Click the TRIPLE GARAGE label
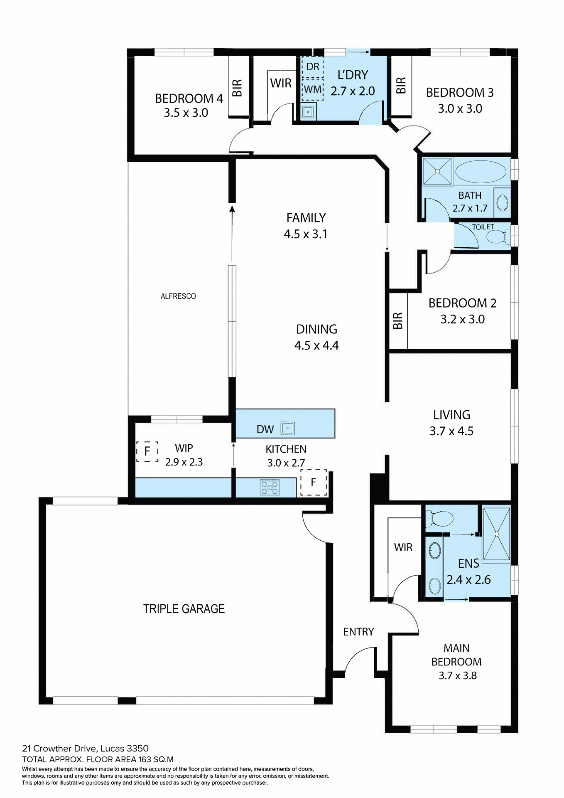pos(184,609)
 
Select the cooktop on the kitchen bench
pos(270,487)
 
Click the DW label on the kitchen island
pos(265,429)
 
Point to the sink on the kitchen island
pos(287,428)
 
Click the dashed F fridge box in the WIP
pos(147,451)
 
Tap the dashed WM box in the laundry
pos(312,90)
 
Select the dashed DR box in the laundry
pos(312,67)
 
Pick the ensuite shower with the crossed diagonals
pos(496,534)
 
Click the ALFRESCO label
pos(178,296)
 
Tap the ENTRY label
pos(358,632)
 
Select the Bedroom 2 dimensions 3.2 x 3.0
pos(462,319)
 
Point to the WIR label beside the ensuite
pos(403,547)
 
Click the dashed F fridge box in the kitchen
pos(314,483)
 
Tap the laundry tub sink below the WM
pos(308,112)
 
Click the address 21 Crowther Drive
pos(60,749)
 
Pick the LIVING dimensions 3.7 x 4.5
pos(451,431)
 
